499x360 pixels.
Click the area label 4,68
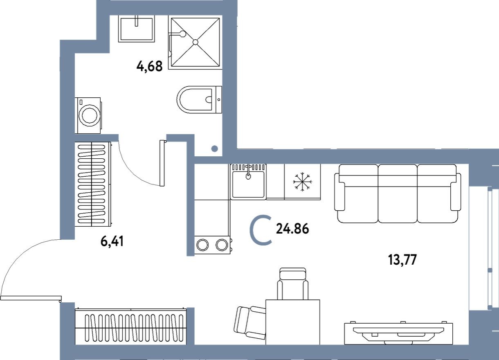click(149, 66)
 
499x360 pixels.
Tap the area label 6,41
click(112, 242)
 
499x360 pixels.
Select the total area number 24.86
click(292, 229)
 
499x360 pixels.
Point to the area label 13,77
click(402, 260)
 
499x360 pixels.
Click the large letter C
click(261, 232)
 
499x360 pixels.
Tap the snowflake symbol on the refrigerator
click(302, 182)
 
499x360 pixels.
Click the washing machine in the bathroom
click(88, 115)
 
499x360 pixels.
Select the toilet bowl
click(198, 99)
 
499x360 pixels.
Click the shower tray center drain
click(195, 42)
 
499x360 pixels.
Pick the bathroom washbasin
click(137, 28)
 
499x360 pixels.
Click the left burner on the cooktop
click(202, 245)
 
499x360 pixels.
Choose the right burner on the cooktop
click(221, 245)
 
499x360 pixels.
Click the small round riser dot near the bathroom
click(214, 149)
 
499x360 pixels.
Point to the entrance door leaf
click(31, 298)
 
